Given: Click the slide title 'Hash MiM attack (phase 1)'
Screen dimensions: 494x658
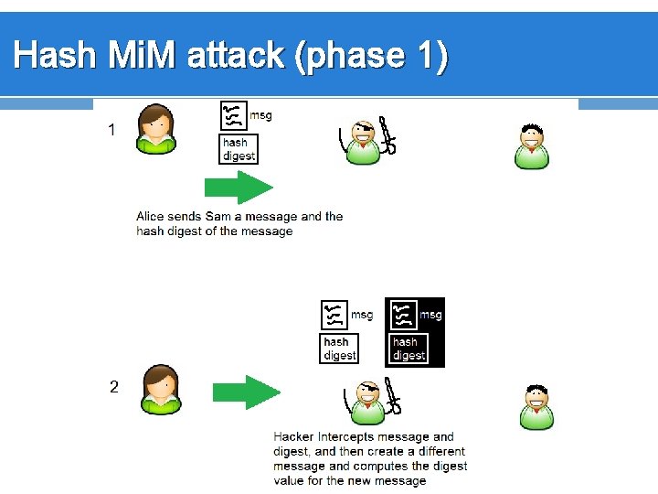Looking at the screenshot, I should [231, 57].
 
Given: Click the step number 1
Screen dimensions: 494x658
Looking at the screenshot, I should [111, 130].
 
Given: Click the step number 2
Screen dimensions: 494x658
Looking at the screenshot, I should [113, 387].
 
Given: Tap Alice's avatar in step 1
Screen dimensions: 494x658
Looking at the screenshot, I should [155, 129].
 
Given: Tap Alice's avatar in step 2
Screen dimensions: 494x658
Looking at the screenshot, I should [161, 391].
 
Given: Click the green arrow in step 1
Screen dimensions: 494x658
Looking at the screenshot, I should [238, 188].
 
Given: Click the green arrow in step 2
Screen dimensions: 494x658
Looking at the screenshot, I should [246, 392].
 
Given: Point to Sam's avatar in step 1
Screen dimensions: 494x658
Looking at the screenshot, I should [532, 146].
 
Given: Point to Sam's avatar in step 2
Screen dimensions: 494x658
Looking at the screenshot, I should [536, 406].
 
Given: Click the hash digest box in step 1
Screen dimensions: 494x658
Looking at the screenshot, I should [239, 149].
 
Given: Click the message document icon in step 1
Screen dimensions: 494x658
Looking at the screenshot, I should [234, 116].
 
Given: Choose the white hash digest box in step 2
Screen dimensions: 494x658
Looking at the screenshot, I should [338, 349].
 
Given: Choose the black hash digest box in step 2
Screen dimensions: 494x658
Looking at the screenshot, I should [408, 349].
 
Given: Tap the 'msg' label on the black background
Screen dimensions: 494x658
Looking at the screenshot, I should [430, 315].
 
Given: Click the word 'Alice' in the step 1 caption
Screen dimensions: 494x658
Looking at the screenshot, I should [152, 217].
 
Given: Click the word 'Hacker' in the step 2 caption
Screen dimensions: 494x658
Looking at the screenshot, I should [293, 437].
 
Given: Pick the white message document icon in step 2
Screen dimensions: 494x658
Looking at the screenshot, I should [334, 315].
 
